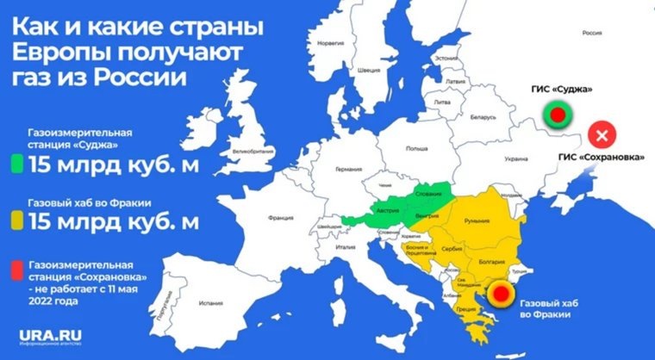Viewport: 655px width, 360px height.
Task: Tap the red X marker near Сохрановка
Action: pyautogui.click(x=602, y=135)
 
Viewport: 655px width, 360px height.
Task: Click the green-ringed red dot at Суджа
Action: pyautogui.click(x=557, y=114)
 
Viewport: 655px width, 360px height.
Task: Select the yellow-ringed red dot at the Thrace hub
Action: pyautogui.click(x=498, y=299)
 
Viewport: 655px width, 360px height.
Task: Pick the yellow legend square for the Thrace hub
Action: pyautogui.click(x=16, y=221)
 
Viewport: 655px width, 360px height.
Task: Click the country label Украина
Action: pyautogui.click(x=515, y=159)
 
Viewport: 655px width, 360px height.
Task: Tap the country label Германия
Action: pyautogui.click(x=348, y=169)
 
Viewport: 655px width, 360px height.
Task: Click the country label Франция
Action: pyautogui.click(x=280, y=219)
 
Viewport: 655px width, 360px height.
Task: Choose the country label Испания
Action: pyautogui.click(x=210, y=303)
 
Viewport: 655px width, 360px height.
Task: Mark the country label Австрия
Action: pyautogui.click(x=385, y=211)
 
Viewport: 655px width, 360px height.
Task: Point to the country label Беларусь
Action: pyautogui.click(x=483, y=117)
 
